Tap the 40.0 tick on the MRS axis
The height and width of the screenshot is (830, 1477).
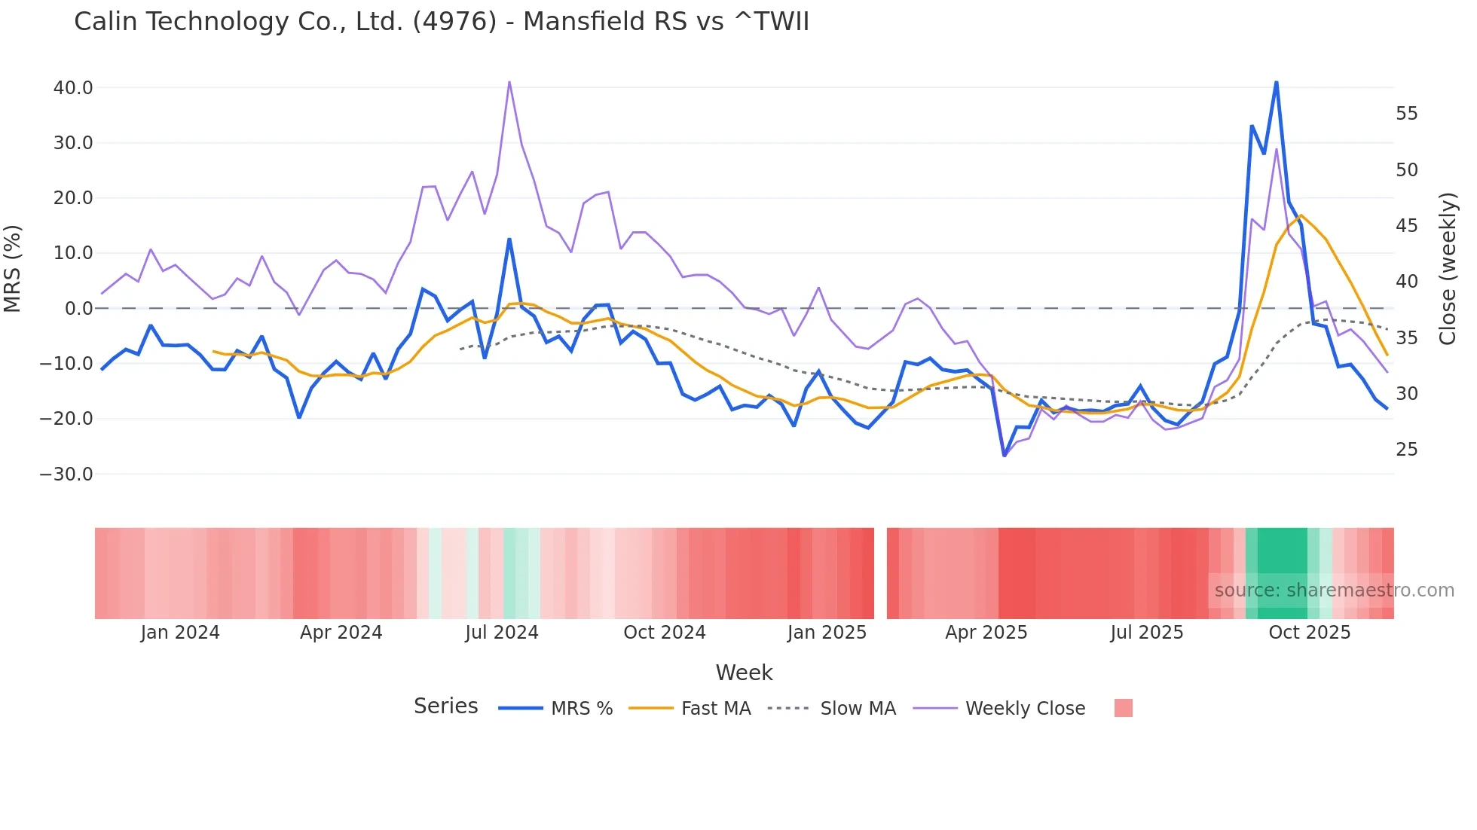point(73,88)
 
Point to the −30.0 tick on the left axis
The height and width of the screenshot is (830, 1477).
point(66,475)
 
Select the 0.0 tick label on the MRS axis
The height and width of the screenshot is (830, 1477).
point(78,309)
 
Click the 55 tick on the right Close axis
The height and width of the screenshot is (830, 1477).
point(1406,114)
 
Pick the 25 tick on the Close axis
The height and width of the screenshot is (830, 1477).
point(1406,450)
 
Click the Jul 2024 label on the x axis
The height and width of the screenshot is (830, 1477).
point(501,633)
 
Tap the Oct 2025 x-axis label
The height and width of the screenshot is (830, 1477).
point(1309,633)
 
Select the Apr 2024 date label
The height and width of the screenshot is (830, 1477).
point(341,633)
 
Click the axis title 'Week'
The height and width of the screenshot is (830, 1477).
point(744,673)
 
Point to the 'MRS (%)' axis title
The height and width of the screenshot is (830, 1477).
point(13,268)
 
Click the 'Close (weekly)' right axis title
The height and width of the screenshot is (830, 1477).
point(1447,268)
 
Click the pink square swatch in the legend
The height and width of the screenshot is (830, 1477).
point(1123,708)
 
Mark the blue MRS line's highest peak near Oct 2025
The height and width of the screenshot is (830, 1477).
point(1276,82)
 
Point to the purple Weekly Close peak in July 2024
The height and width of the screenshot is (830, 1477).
point(509,82)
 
